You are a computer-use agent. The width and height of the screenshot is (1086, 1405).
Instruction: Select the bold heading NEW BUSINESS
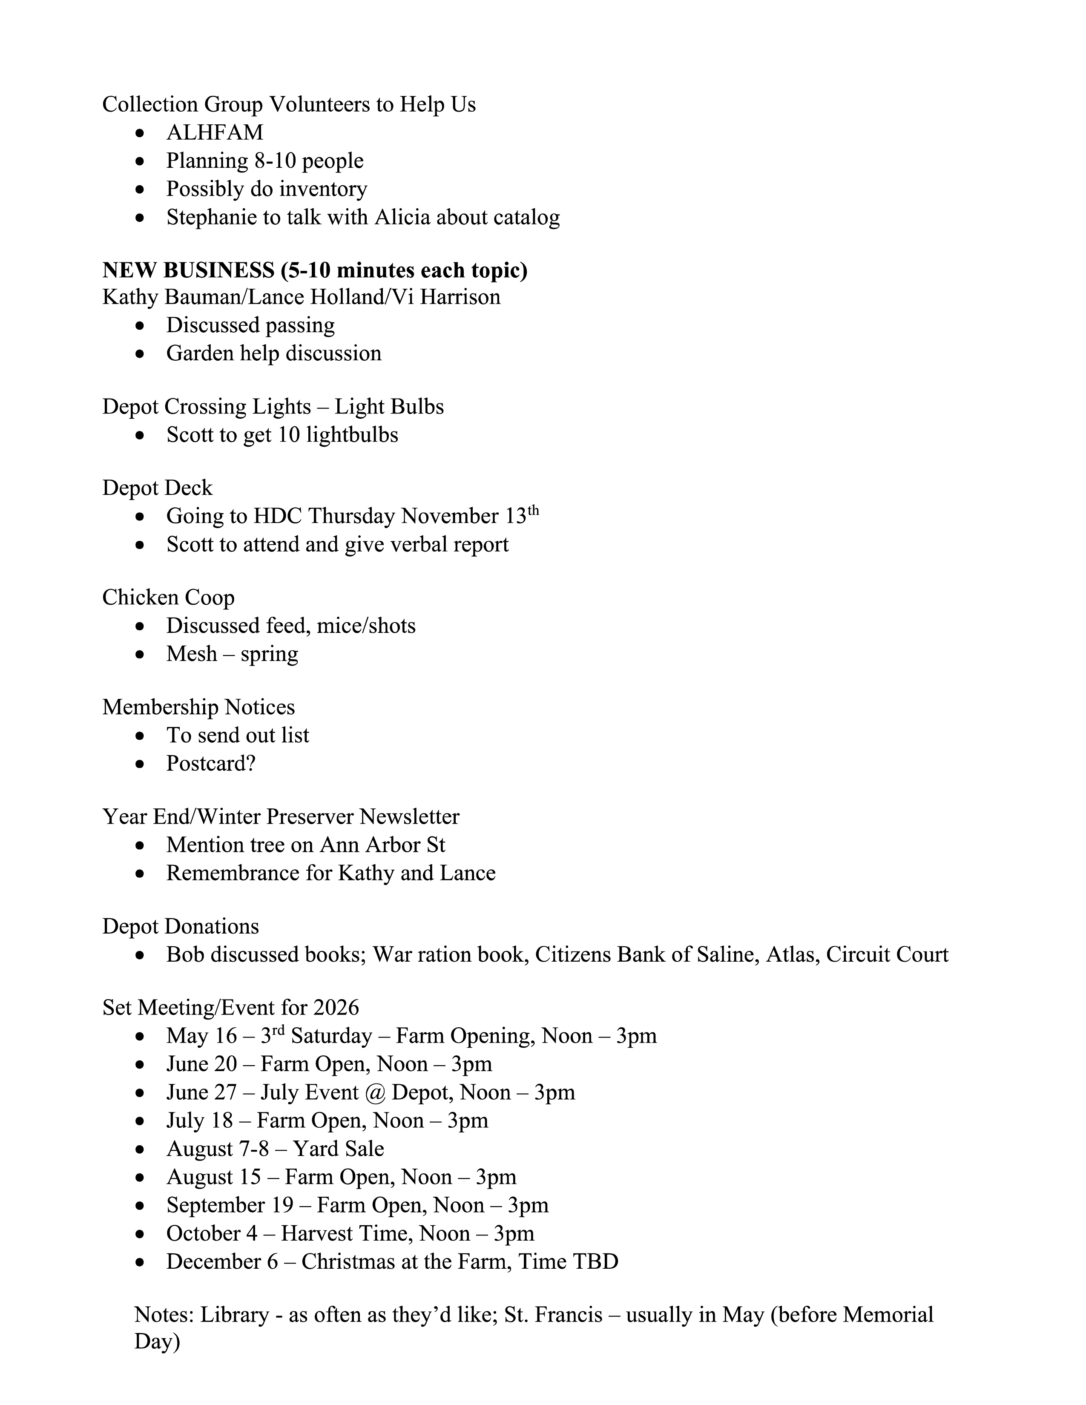(188, 270)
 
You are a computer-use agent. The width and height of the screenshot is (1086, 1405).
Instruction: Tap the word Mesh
(192, 654)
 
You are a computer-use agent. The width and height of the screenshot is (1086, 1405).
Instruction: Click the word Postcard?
(211, 764)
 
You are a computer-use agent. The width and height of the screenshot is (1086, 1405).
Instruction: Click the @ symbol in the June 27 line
(374, 1093)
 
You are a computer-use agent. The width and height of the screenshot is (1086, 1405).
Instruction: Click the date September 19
(230, 1205)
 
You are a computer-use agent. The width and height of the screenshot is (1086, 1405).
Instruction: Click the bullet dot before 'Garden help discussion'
(140, 354)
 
